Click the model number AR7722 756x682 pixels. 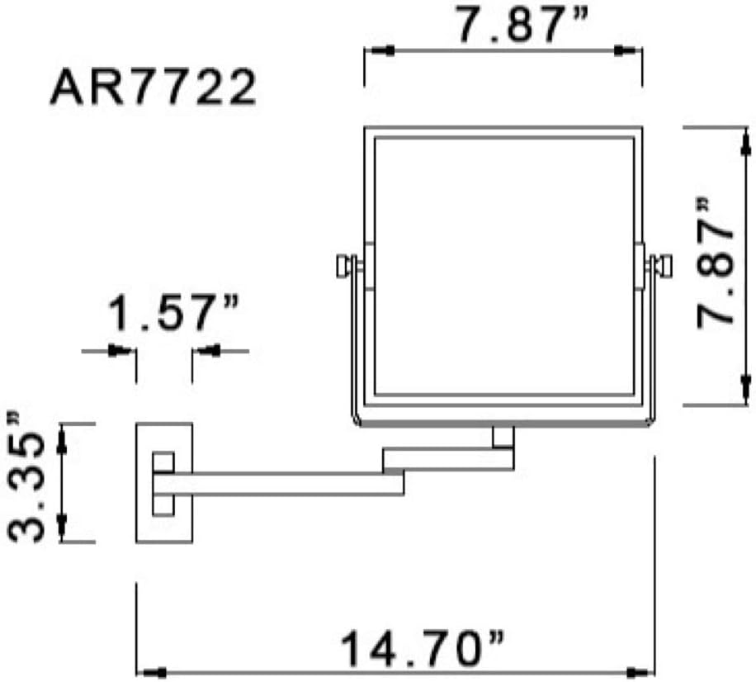pos(153,88)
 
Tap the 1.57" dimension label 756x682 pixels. pos(173,315)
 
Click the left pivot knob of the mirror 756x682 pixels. pos(344,266)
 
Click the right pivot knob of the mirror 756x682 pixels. pos(661,266)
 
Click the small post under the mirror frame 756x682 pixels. pos(502,438)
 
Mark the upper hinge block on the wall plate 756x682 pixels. pos(163,461)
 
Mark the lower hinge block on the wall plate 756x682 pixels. pos(163,504)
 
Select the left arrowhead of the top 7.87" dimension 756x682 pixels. pos(376,50)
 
